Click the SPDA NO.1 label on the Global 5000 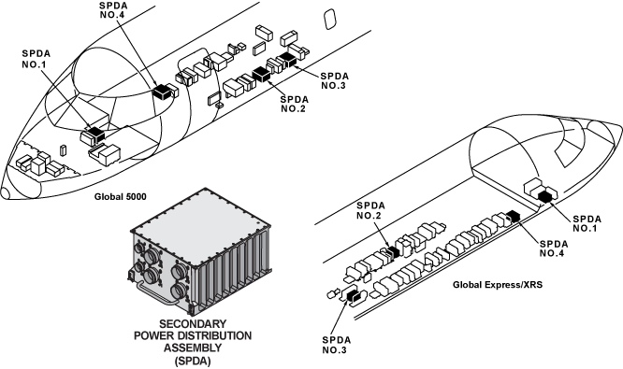tap(36, 59)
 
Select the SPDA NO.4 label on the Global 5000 tap(113, 10)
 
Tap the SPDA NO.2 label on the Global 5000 tap(294, 104)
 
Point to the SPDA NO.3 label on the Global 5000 tap(335, 80)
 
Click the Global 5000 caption tap(121, 196)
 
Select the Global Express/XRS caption tap(498, 285)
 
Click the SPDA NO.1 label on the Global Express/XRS tap(587, 223)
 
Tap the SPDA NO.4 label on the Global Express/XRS tap(554, 248)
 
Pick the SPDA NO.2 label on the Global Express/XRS tap(370, 210)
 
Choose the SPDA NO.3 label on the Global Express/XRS tap(337, 345)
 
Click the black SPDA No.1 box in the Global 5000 tap(95, 134)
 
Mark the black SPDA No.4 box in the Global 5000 tap(162, 92)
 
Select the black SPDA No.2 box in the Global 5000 tap(261, 74)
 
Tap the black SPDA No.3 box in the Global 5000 tap(288, 59)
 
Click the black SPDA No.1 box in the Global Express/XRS tap(546, 196)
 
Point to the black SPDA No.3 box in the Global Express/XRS tap(354, 296)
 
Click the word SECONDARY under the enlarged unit tap(193, 324)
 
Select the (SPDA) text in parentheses tap(193, 362)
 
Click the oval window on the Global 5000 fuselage tap(329, 20)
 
